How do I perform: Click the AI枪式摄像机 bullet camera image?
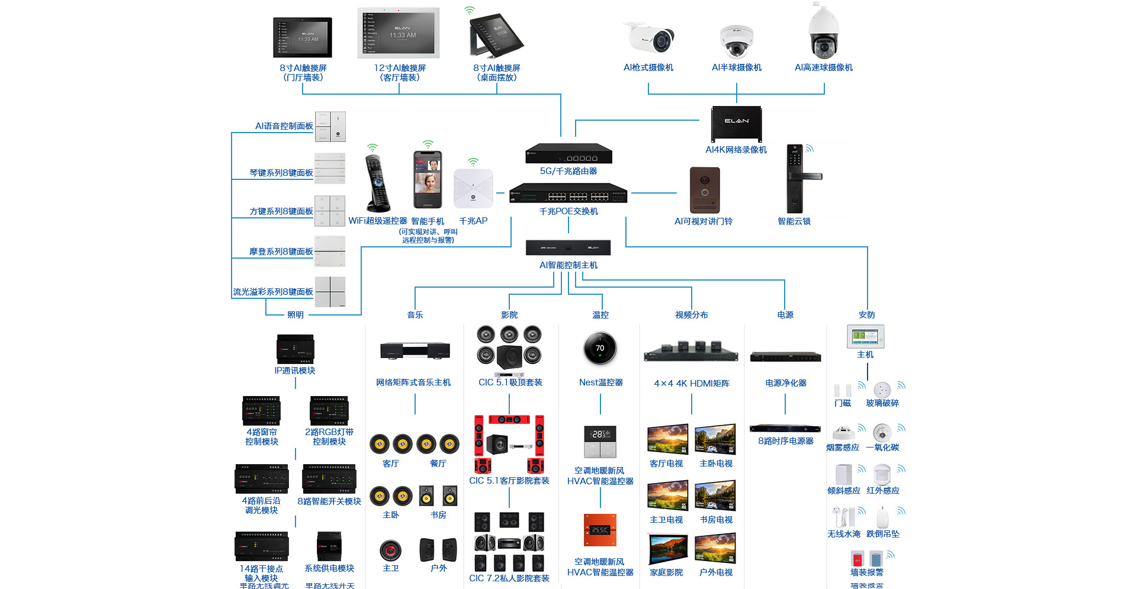tap(650, 37)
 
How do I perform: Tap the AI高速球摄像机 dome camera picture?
tap(823, 33)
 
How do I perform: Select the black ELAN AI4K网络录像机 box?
tap(736, 124)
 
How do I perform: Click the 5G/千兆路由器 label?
tap(568, 171)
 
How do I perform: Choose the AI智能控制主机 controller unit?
tap(568, 247)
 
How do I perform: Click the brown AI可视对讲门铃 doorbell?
tap(705, 190)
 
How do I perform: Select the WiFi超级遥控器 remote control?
tap(377, 184)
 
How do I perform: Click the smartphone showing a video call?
tap(428, 179)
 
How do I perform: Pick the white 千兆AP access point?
tap(473, 188)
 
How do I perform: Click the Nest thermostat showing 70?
tap(600, 348)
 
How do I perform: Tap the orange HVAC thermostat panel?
tap(600, 530)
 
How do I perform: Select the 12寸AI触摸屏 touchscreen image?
tap(399, 33)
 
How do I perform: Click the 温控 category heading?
tap(600, 315)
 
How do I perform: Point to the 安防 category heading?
tap(867, 315)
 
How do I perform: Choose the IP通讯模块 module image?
tap(295, 349)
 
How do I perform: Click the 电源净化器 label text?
tap(786, 383)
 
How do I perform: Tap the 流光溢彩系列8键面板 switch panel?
tap(330, 291)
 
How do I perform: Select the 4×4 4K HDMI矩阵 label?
tap(692, 384)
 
